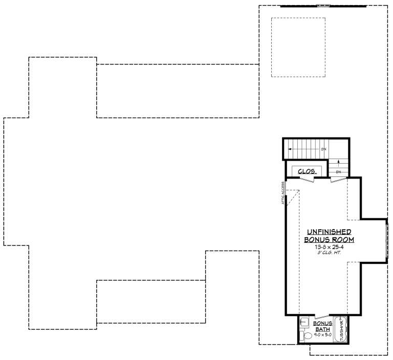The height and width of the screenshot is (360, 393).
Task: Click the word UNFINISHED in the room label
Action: [x=329, y=232]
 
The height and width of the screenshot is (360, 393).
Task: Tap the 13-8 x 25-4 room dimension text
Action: [x=329, y=246]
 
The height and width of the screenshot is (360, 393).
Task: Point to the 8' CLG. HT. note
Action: [x=329, y=252]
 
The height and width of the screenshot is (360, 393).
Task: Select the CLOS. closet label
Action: [x=307, y=171]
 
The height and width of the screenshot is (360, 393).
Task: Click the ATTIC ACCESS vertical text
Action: [x=282, y=194]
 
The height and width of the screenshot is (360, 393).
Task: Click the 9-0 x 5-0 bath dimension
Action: [x=322, y=334]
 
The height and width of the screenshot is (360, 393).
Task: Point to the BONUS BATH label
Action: [x=322, y=326]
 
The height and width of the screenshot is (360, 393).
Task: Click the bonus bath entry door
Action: [x=322, y=314]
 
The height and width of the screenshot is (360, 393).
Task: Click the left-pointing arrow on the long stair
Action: [x=290, y=149]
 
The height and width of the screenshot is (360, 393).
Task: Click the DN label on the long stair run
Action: [x=323, y=149]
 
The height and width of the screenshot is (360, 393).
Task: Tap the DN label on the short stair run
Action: [x=338, y=172]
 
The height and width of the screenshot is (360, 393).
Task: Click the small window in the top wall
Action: [x=323, y=6]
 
